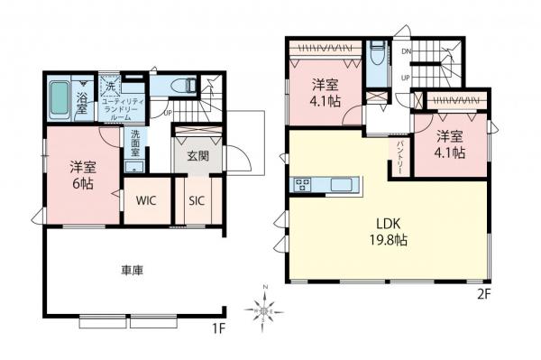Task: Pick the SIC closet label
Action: [196, 201]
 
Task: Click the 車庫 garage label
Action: [133, 270]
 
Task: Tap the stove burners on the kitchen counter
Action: [301, 186]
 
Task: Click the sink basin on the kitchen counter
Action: [342, 186]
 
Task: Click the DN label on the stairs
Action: [407, 51]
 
